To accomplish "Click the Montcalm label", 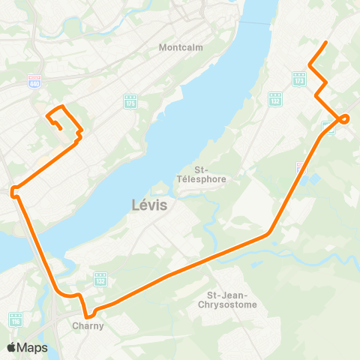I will point(178,47).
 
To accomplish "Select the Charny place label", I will point(88,326).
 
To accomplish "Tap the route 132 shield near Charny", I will point(100,279).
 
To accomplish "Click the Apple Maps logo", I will point(27,347).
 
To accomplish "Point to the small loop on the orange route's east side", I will point(344,118).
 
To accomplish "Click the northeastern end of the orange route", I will point(325,42).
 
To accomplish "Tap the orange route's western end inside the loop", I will point(60,129).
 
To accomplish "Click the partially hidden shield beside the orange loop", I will point(327,127).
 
